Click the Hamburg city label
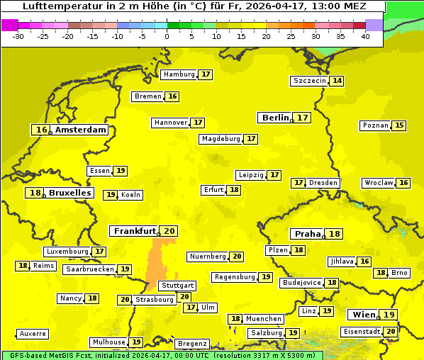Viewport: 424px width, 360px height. click(179, 74)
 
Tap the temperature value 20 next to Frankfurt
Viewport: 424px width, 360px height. click(169, 231)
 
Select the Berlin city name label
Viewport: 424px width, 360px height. click(275, 118)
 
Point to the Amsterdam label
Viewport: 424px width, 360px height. click(81, 130)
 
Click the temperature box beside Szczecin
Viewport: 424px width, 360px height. click(337, 81)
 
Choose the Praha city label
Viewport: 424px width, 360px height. click(308, 234)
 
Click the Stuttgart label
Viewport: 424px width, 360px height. click(177, 286)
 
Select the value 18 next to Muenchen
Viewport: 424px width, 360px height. click(235, 319)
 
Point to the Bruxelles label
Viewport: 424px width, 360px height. click(69, 193)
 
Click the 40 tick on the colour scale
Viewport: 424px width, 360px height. click(365, 35)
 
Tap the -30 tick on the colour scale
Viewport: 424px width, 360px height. click(18, 35)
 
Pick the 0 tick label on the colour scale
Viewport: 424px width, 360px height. click(167, 35)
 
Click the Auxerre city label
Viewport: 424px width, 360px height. click(33, 333)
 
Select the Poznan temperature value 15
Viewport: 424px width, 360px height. click(399, 125)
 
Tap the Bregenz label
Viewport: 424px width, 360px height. click(192, 344)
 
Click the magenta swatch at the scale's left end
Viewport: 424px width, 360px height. click(9, 24)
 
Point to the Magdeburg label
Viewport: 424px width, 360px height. click(221, 139)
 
